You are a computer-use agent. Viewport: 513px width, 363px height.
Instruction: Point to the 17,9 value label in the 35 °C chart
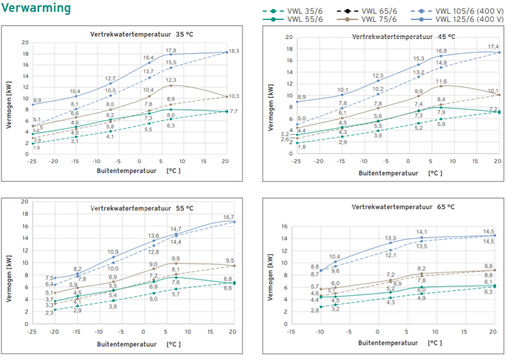click(x=171, y=51)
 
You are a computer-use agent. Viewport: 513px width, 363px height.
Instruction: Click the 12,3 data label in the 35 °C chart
click(x=171, y=80)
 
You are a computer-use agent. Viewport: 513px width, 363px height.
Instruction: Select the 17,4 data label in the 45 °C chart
click(x=493, y=47)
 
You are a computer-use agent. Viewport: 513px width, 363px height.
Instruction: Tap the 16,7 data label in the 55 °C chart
click(x=229, y=217)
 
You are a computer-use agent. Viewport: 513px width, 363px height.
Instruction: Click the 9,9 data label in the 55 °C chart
click(x=176, y=258)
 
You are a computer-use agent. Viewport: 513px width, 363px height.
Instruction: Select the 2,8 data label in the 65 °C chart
click(x=315, y=310)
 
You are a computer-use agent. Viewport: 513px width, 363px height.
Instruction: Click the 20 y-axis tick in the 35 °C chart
click(x=26, y=42)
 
